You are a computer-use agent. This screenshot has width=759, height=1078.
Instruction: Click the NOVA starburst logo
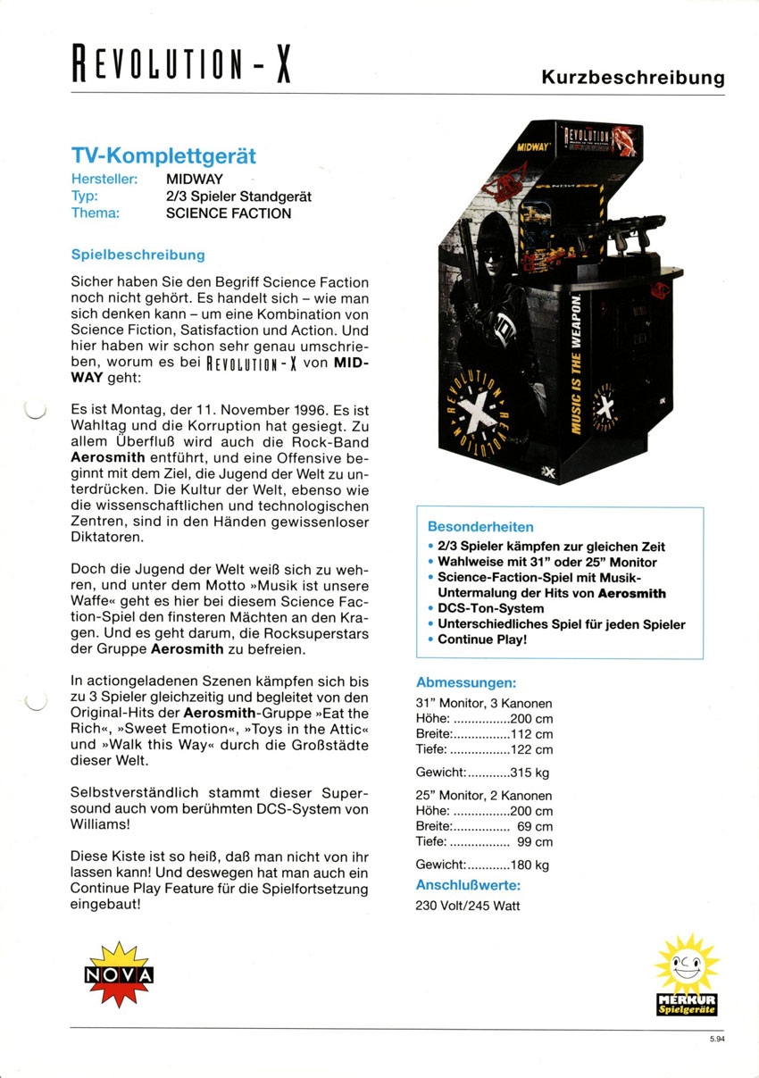(119, 974)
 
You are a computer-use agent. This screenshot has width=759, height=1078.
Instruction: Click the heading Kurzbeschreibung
(633, 78)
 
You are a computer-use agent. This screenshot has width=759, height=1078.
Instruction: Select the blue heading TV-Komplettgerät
(163, 155)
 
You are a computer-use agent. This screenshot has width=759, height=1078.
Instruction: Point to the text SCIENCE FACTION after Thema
(229, 213)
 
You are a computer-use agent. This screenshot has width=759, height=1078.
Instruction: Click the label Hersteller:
(104, 179)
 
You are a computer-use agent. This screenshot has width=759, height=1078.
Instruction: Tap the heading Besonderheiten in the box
(480, 527)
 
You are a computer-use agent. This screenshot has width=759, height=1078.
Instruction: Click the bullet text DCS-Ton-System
(491, 608)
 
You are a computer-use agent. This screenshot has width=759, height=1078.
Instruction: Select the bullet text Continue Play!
(482, 639)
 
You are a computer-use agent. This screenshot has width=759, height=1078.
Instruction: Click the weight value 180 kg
(530, 865)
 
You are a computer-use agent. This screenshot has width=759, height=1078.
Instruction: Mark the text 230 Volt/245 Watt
(468, 906)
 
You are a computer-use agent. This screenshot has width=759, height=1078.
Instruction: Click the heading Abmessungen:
(466, 683)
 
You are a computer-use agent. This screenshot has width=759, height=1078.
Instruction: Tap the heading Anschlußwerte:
(468, 885)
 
